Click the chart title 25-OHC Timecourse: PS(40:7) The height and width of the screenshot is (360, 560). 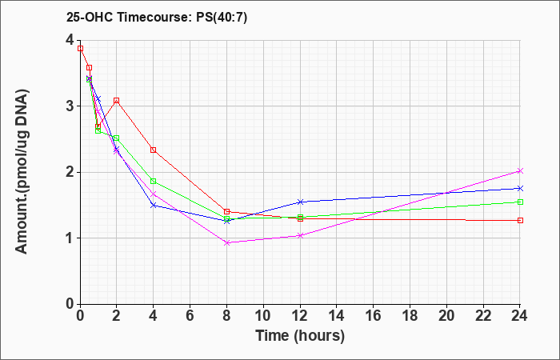157,18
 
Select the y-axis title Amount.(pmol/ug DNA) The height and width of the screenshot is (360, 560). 22,172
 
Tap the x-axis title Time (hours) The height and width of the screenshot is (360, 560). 300,336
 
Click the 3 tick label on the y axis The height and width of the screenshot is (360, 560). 70,106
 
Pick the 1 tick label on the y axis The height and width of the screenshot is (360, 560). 70,238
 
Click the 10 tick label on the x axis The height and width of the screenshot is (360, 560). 263,315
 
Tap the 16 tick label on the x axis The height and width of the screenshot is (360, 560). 374,315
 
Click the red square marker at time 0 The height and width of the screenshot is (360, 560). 80,49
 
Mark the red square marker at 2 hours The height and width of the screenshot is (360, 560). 117,101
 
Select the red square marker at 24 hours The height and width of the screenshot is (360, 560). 520,220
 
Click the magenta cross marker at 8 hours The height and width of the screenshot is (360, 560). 226,243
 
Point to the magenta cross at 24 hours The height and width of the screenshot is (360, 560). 520,171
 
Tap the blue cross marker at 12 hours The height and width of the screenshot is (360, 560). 300,202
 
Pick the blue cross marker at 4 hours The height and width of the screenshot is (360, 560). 154,206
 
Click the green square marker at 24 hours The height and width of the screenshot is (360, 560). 520,202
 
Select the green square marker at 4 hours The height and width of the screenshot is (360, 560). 154,182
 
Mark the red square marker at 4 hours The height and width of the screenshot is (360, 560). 154,150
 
